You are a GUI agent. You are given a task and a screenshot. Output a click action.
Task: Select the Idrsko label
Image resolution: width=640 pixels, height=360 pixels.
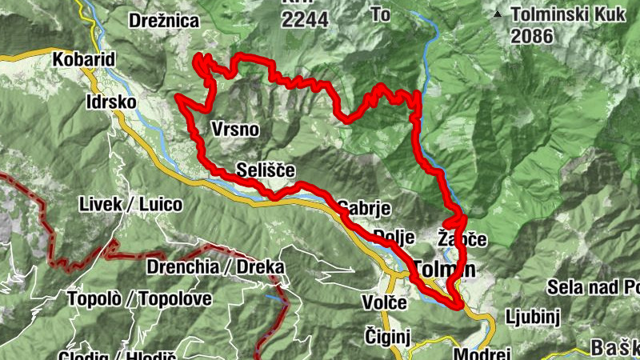(x=111, y=103)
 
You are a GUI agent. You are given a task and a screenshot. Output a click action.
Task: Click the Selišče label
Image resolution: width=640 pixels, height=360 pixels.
(x=266, y=170)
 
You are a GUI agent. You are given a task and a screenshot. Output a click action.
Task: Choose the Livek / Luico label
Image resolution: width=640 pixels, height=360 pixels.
(x=130, y=204)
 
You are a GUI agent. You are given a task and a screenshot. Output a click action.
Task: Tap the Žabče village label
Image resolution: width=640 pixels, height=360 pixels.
(x=462, y=239)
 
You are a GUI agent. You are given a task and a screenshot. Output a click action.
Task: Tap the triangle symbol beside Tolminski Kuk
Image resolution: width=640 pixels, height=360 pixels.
(x=498, y=14)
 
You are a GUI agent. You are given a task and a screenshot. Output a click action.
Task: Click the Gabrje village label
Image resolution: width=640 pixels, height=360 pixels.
(x=365, y=209)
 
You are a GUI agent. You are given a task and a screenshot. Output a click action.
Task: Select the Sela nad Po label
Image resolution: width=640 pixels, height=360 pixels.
(x=593, y=287)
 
